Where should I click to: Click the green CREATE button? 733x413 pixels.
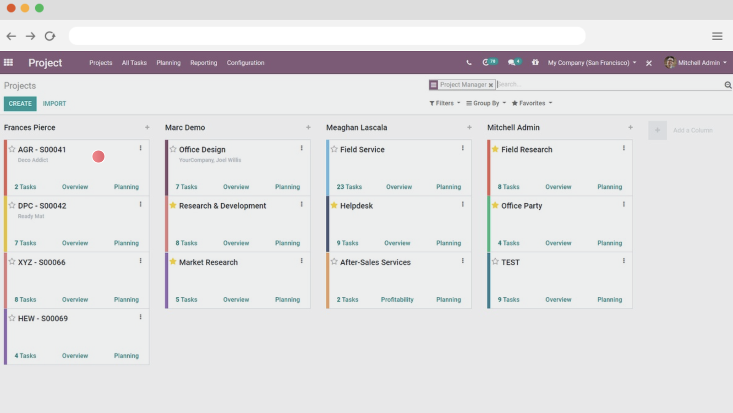tap(20, 103)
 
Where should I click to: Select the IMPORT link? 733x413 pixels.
tap(55, 103)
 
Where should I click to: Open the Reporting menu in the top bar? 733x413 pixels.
tap(203, 63)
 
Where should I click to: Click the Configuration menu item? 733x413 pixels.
tap(246, 63)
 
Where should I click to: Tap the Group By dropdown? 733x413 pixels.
tap(486, 103)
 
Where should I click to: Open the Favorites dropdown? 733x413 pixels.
tap(532, 103)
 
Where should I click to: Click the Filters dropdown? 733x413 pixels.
tap(444, 103)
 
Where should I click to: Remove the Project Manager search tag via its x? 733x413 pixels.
tap(491, 85)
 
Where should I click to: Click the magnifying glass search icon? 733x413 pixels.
tap(728, 85)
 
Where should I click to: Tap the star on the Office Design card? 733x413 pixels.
tap(173, 149)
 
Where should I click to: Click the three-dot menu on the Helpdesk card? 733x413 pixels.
tap(463, 204)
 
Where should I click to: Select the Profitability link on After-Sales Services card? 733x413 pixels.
tap(397, 299)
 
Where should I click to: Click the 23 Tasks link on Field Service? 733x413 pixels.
tap(349, 187)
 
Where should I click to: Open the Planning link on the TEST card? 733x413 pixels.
tap(609, 299)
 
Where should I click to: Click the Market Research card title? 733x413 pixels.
tap(208, 262)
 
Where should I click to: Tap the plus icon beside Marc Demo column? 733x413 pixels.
tap(308, 127)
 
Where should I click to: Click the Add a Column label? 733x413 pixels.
tap(693, 130)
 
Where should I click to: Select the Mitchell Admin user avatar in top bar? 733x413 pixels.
tap(670, 62)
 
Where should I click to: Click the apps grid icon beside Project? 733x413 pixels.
tap(8, 62)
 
